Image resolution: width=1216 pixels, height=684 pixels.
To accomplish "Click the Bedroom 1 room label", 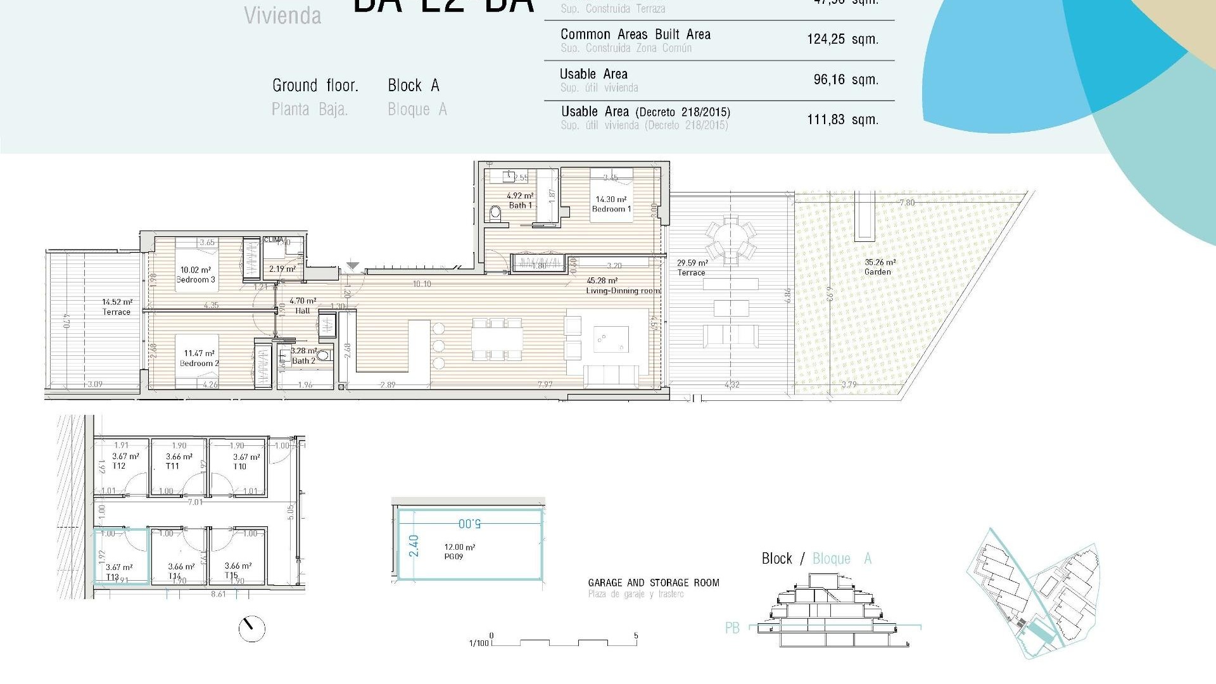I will [x=611, y=208].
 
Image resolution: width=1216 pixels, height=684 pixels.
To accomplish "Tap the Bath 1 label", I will [x=520, y=205].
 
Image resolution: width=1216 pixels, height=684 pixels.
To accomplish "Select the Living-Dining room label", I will [x=623, y=291].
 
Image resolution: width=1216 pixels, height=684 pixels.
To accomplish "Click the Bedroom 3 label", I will [x=196, y=279].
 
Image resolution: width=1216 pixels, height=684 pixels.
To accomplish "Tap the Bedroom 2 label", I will [x=199, y=363].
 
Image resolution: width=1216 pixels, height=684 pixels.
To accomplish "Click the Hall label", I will [x=303, y=310].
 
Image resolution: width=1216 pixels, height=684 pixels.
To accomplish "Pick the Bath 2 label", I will [x=303, y=360].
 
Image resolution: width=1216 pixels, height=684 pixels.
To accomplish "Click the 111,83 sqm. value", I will [x=842, y=119].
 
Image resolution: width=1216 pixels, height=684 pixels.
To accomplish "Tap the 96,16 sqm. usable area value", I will [x=845, y=79].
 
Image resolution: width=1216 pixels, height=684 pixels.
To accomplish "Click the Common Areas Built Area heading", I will [x=635, y=34].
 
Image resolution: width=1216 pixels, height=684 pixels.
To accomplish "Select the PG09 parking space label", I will [x=453, y=557].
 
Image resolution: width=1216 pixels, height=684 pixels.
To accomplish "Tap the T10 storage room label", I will [x=239, y=466].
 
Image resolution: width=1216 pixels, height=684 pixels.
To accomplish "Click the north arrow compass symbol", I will [x=251, y=628].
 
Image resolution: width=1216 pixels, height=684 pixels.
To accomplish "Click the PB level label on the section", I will [x=732, y=628].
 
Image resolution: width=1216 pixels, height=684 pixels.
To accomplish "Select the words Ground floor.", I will [x=315, y=85].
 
